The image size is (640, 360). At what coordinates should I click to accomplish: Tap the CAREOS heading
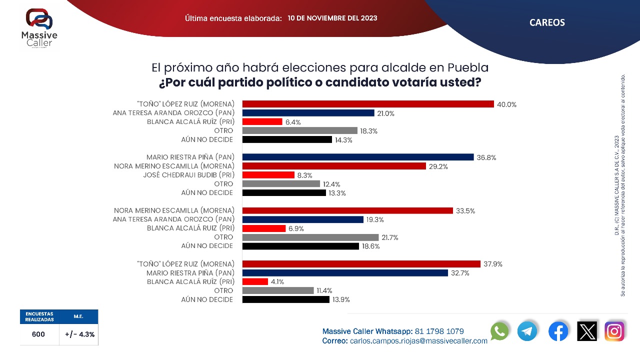[x=547, y=22]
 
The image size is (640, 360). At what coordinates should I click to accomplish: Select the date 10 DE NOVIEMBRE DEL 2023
[x=332, y=18]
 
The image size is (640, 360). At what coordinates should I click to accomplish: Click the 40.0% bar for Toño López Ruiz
[x=368, y=104]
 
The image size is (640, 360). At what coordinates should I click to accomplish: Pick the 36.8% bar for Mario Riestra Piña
[x=357, y=157]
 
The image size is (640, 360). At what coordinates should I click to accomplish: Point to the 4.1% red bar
[x=255, y=281]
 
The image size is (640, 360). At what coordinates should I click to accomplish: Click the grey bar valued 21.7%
[x=310, y=237]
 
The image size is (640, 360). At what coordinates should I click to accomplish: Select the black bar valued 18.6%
[x=300, y=246]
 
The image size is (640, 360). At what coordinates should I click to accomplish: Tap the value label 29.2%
[x=438, y=166]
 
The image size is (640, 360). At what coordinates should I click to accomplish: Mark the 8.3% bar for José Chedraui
[x=268, y=175]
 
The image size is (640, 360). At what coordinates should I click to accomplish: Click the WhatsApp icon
[x=499, y=331]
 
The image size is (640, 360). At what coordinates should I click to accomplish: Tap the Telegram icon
[x=527, y=331]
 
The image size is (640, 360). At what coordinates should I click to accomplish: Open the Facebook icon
[x=558, y=331]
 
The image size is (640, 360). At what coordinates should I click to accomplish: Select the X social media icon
[x=587, y=331]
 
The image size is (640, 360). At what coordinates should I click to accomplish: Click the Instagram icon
[x=614, y=331]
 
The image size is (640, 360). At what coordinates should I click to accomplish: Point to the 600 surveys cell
[x=38, y=334]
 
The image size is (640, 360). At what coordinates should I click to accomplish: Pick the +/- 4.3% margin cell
[x=79, y=334]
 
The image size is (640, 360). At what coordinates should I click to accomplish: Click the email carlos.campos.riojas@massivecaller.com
[x=418, y=340]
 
